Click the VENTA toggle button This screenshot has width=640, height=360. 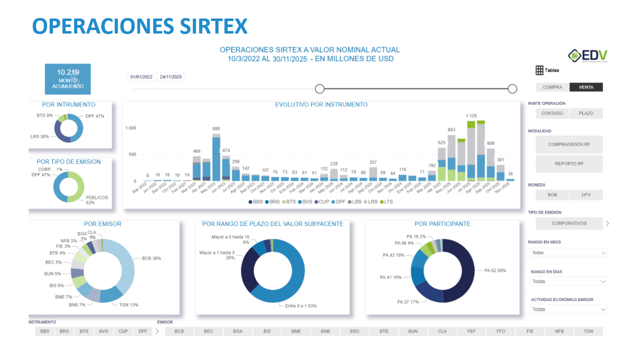coord(586,87)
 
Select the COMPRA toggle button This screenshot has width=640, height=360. coord(552,87)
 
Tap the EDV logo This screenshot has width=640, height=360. coord(588,55)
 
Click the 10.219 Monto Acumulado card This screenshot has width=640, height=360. coord(68,79)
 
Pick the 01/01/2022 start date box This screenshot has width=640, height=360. coord(141,77)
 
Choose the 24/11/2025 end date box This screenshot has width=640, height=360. coord(171,77)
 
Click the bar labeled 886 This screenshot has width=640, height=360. coord(216,158)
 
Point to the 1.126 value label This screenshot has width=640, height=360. coord(471,116)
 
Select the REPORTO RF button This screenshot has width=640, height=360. coord(569,164)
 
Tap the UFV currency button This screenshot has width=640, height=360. coord(586,195)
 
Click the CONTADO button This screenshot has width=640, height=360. coord(552,114)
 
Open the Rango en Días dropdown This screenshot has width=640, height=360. coord(569,281)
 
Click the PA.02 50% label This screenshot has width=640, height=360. coord(495,270)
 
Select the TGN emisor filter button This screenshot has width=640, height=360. coord(588,331)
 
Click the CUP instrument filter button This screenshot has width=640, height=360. coord(123,331)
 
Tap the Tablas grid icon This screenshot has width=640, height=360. coord(539,70)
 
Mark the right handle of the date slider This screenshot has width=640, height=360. coord(512,89)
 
